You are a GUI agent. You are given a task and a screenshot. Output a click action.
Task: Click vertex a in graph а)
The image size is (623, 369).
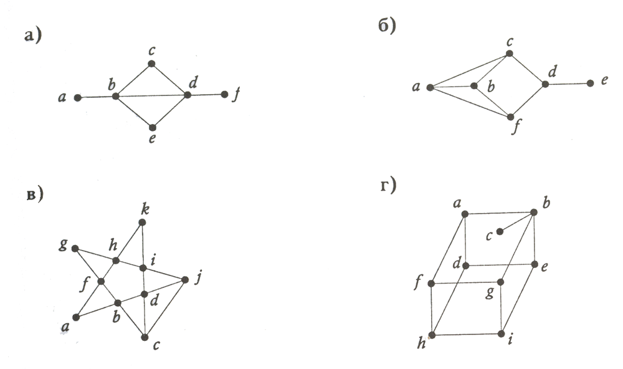(x=77, y=98)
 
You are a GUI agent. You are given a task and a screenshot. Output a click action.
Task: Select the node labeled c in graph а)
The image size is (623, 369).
(x=151, y=64)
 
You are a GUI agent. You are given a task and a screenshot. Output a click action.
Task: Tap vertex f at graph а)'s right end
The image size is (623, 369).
(x=225, y=95)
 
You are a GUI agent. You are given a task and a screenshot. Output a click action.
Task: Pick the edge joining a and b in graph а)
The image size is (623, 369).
(x=96, y=97)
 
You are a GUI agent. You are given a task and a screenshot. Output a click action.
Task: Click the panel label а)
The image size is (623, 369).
(x=32, y=35)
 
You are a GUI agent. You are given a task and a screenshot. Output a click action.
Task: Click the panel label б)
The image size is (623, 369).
(x=387, y=28)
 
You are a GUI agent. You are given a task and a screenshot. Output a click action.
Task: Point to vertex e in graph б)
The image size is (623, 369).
(x=590, y=83)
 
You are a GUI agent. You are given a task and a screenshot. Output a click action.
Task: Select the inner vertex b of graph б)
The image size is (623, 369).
(x=473, y=85)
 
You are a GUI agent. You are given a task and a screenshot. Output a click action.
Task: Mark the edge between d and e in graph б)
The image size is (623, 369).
(x=568, y=84)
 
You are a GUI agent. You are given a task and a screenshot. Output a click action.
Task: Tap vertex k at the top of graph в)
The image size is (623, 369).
(x=143, y=223)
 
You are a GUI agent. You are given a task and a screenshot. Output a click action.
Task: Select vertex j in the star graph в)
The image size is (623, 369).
(x=185, y=280)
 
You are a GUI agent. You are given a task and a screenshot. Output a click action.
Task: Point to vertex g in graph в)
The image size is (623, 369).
(x=75, y=249)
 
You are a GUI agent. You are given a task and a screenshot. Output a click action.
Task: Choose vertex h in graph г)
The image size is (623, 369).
(x=432, y=335)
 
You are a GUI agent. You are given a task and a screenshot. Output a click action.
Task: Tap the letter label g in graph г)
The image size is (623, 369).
(x=490, y=292)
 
